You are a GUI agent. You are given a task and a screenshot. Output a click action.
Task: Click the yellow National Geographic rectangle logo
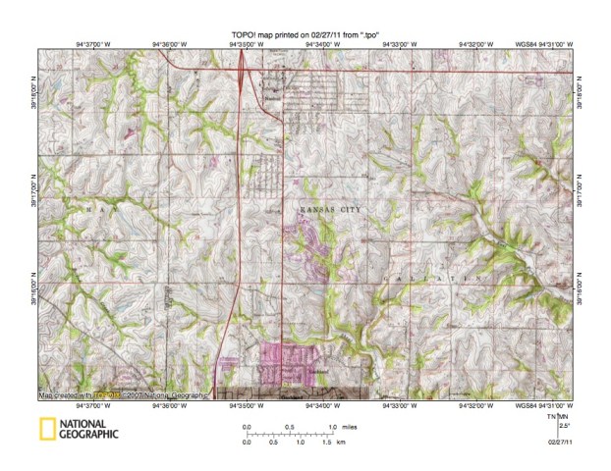pos(46,428)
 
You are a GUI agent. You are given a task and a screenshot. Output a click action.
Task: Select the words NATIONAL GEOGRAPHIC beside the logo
pos(89,429)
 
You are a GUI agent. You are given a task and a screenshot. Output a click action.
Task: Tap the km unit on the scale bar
pos(341,443)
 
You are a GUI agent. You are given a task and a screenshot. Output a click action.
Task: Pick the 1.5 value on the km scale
pos(325,443)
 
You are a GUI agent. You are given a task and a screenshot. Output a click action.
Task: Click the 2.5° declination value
pos(563,424)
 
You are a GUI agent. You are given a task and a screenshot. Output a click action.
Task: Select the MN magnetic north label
pos(564,416)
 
